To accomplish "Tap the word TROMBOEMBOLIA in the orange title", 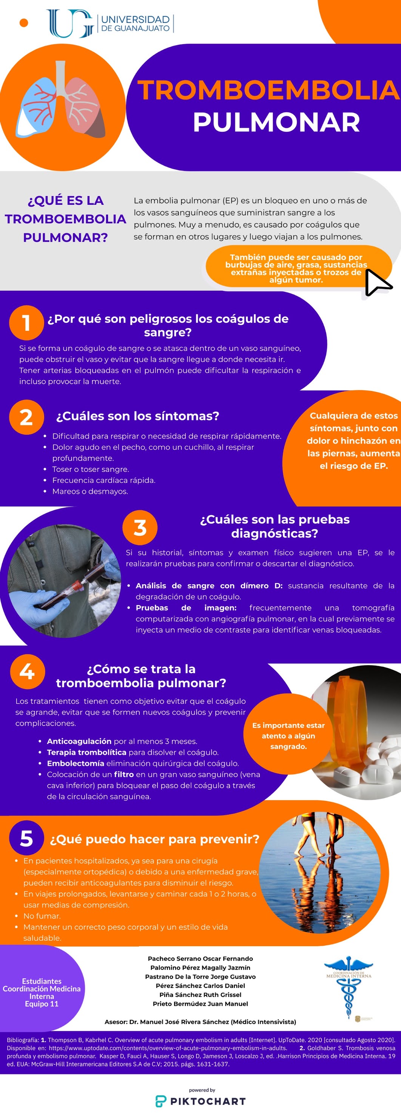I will (x=268, y=90).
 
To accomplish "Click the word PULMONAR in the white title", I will (x=276, y=122).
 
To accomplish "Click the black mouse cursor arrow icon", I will (x=377, y=283).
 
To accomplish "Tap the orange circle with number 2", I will (x=26, y=417).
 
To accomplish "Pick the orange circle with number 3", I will (x=140, y=528).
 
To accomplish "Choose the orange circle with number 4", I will (x=27, y=671).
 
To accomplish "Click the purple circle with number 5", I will (x=26, y=838).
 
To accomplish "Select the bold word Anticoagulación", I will (x=79, y=741).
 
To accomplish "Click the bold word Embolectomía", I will (x=76, y=763).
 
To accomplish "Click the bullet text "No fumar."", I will (x=42, y=916).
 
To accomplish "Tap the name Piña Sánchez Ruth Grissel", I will (x=200, y=994).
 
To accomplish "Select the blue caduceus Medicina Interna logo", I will (x=349, y=987).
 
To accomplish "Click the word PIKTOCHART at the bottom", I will (x=208, y=1101).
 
